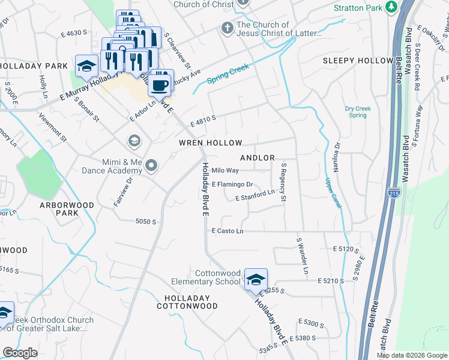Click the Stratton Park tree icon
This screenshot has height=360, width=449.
pos(391,7)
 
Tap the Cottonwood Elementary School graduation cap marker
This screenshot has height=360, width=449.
pos(255,279)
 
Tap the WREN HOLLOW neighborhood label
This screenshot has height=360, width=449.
pos(210,143)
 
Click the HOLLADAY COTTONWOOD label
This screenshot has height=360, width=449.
pos(187,302)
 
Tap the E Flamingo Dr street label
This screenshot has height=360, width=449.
pos(232,185)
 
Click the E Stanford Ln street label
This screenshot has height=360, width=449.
pos(255,196)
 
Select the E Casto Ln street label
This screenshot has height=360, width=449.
pos(228,231)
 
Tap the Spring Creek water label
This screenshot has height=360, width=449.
pos(228,74)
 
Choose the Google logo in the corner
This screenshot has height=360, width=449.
pos(20,353)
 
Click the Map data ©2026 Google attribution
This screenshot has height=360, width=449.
pos(412,355)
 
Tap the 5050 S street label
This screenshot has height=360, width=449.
pos(146,221)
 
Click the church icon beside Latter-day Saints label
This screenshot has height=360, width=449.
pos(228,28)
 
